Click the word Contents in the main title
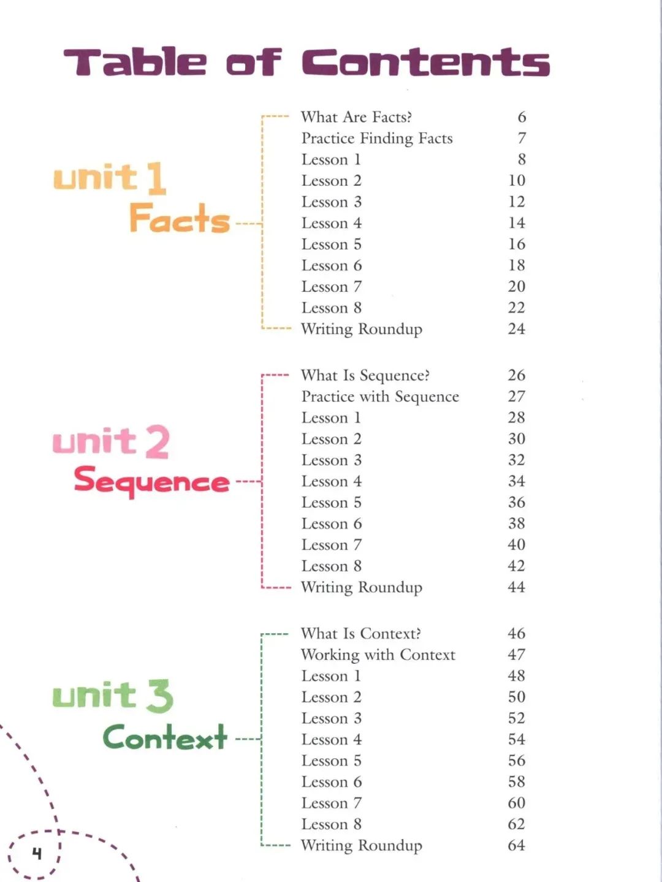pos(426,62)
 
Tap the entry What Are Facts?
pos(357,117)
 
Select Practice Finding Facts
pos(377,139)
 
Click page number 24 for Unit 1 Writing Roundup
pos(517,329)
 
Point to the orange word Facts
pos(180,218)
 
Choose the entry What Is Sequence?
pos(365,375)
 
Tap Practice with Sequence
pos(381,397)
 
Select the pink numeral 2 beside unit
pos(157,443)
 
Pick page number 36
pos(517,503)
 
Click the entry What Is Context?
pos(361,634)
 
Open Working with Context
pos(378,655)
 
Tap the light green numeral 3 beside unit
pos(159,696)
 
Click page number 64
pos(517,845)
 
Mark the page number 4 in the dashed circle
pos(37,853)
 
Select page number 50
pos(517,697)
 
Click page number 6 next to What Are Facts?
pos(522,117)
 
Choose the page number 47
pos(517,655)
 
